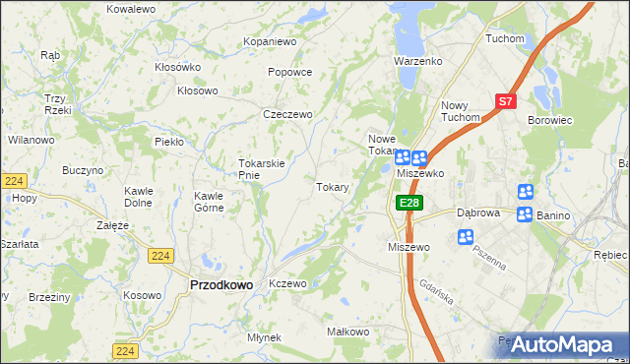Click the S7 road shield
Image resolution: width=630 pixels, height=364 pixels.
(505, 100)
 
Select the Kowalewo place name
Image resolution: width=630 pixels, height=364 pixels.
(132, 8)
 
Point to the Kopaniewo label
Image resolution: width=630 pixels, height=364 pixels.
(270, 42)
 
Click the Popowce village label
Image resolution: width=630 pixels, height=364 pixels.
(289, 72)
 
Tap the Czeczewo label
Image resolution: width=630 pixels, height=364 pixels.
(287, 114)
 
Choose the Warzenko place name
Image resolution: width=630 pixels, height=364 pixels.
(419, 61)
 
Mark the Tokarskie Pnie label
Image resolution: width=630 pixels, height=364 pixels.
(262, 169)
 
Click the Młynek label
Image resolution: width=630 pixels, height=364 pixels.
(265, 337)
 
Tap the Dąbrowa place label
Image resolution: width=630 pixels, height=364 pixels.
(479, 212)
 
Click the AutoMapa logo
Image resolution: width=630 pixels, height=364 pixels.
(562, 344)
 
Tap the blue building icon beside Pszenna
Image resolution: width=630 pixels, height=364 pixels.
(466, 237)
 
